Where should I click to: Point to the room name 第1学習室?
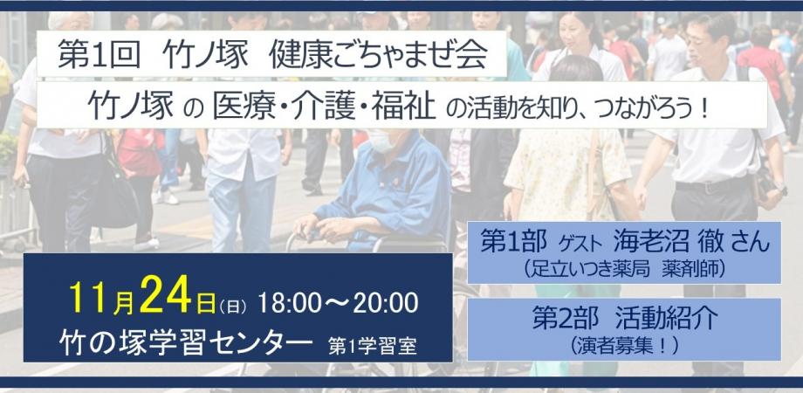point(373,342)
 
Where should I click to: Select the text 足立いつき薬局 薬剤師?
point(624,268)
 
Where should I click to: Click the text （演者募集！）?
point(624,342)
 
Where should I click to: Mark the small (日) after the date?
point(233,306)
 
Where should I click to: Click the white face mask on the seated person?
point(379,141)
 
